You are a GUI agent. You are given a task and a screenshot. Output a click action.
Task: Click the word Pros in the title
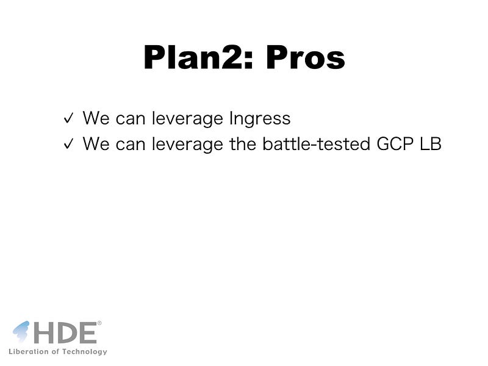pyautogui.click(x=306, y=57)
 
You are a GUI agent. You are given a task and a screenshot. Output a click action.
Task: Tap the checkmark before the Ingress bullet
pyautogui.click(x=68, y=118)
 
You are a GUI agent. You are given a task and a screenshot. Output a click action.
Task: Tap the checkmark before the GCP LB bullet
pyautogui.click(x=68, y=143)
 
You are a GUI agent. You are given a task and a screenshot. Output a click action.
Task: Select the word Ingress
pyautogui.click(x=260, y=119)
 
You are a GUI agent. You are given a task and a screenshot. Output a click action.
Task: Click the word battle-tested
pyautogui.click(x=317, y=144)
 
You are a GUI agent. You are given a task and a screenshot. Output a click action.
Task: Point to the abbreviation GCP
pyautogui.click(x=395, y=144)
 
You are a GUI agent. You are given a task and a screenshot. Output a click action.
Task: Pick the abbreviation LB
pyautogui.click(x=431, y=144)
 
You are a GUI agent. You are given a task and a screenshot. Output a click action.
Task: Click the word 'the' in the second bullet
pyautogui.click(x=243, y=144)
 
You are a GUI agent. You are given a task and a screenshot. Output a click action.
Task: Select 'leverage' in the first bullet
pyautogui.click(x=187, y=119)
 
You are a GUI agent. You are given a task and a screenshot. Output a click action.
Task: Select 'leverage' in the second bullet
pyautogui.click(x=187, y=145)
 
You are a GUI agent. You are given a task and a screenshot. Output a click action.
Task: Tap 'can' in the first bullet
pyautogui.click(x=131, y=120)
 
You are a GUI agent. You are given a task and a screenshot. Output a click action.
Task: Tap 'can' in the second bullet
pyautogui.click(x=131, y=145)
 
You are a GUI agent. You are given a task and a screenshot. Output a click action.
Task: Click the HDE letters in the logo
pyautogui.click(x=65, y=332)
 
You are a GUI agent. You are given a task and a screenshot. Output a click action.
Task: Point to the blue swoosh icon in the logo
pyautogui.click(x=21, y=331)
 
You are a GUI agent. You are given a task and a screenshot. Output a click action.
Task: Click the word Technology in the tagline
pyautogui.click(x=84, y=352)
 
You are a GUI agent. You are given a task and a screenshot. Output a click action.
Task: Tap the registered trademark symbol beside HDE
pyautogui.click(x=99, y=323)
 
